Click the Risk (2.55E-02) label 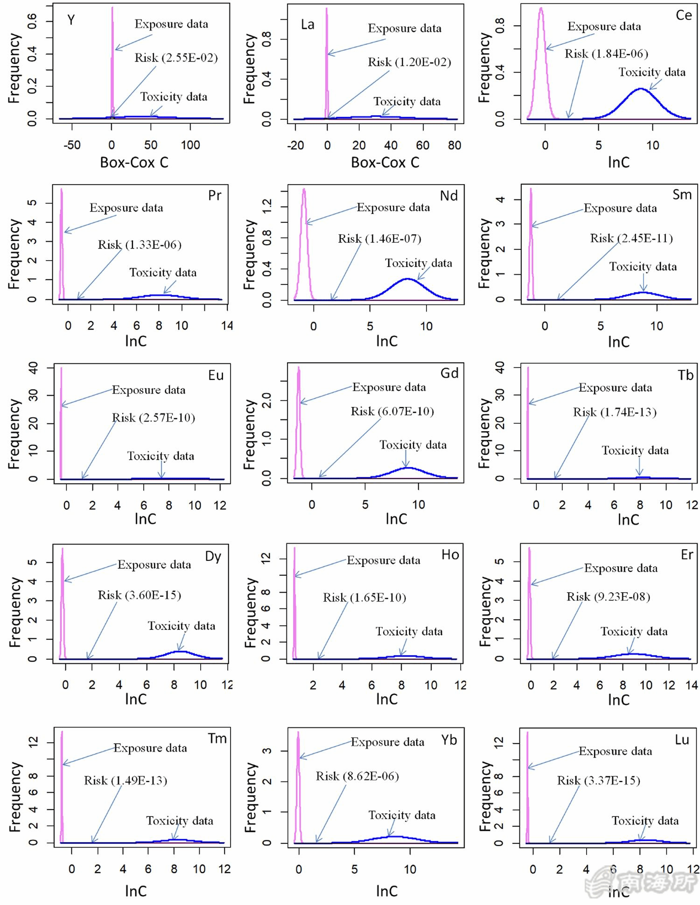(x=176, y=58)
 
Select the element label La (x=308, y=24)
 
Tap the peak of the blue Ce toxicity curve (x=641, y=89)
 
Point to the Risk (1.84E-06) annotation (x=606, y=54)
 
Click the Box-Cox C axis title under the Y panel (x=134, y=162)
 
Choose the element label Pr (x=215, y=195)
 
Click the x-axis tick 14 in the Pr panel (x=227, y=325)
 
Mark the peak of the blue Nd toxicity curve (x=407, y=279)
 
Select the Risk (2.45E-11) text (x=631, y=239)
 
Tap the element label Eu (x=216, y=375)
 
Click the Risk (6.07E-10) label (x=392, y=411)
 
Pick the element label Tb (x=686, y=375)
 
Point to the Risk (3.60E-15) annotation (x=139, y=595)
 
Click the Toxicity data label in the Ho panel (x=409, y=631)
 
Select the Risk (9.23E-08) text (x=608, y=597)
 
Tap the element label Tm (x=217, y=739)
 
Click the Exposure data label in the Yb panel (x=387, y=742)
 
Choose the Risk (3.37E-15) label (x=598, y=781)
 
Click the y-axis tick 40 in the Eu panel (x=33, y=368)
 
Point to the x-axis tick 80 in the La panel (x=455, y=145)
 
